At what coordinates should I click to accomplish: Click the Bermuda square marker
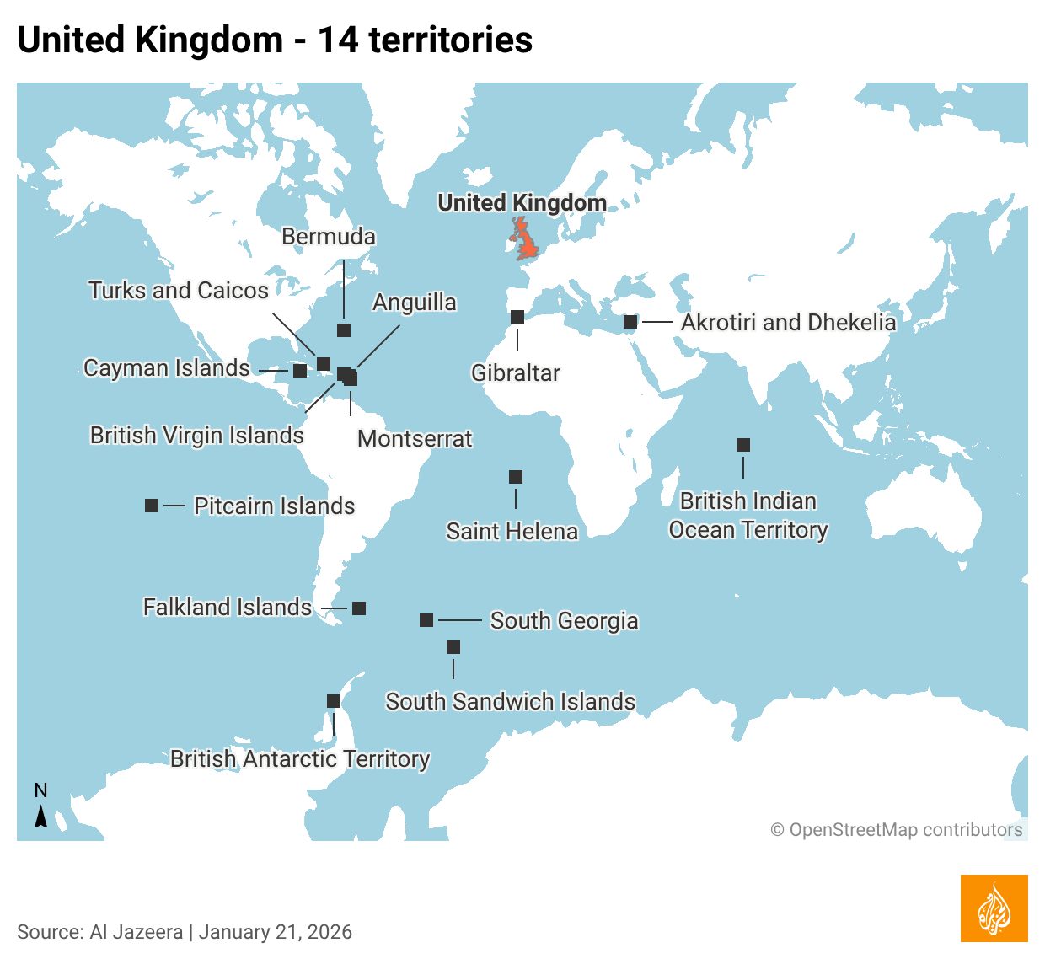[344, 330]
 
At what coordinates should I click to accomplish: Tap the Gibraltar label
[515, 372]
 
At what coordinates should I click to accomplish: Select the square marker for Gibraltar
[517, 317]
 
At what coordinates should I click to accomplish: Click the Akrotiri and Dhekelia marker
[630, 322]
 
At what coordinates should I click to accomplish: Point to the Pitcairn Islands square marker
[152, 506]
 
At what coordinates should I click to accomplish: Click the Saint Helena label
[512, 531]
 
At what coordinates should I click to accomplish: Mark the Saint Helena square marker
[516, 477]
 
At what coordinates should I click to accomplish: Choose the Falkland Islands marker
[359, 608]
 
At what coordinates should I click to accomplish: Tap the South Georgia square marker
[426, 620]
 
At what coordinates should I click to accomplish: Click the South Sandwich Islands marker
[453, 647]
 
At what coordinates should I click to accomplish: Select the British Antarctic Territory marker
[334, 701]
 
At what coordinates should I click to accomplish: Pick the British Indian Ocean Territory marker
[743, 445]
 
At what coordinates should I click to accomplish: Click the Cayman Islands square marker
[300, 371]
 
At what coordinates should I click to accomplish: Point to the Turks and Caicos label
[178, 290]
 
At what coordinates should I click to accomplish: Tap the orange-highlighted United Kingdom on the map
[526, 240]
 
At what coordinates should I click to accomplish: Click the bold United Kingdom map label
[522, 202]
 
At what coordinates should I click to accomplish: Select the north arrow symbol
[40, 816]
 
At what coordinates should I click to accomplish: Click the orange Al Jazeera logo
[994, 908]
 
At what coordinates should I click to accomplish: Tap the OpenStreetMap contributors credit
[897, 830]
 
